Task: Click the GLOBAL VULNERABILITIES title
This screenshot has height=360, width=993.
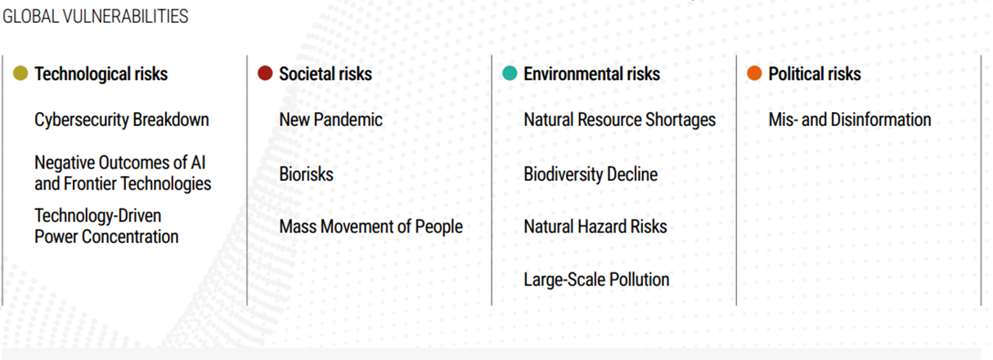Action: [96, 16]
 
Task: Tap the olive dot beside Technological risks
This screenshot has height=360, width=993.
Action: [20, 73]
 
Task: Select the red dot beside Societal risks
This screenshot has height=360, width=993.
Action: [265, 73]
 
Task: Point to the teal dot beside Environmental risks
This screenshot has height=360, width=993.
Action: [510, 73]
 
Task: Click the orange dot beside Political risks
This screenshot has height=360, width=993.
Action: [754, 73]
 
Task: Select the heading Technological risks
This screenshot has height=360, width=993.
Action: [101, 74]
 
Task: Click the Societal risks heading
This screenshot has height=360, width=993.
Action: [326, 74]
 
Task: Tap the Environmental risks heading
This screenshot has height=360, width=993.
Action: [592, 74]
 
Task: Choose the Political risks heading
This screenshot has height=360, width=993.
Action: [815, 74]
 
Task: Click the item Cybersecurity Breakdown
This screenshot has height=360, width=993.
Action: [121, 120]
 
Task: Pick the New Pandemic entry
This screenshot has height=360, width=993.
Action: [330, 119]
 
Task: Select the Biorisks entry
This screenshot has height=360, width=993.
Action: [306, 173]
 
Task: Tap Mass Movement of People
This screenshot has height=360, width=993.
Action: [371, 227]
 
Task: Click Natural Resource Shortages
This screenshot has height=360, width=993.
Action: [620, 120]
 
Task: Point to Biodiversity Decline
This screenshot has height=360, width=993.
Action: [591, 174]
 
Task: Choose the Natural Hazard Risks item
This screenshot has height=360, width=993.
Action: [595, 227]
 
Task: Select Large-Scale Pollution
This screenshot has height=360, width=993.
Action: [596, 280]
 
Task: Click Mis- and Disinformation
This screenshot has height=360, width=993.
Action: [850, 119]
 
